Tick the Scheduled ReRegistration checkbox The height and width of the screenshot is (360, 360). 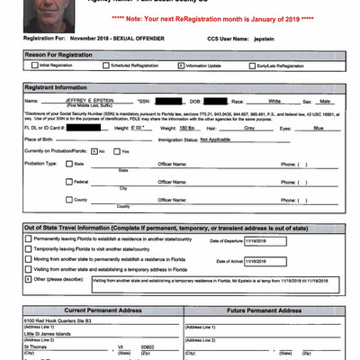pos(107,66)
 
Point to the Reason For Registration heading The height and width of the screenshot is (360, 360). pos(59,54)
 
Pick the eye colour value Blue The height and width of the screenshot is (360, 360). pos(318,127)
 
